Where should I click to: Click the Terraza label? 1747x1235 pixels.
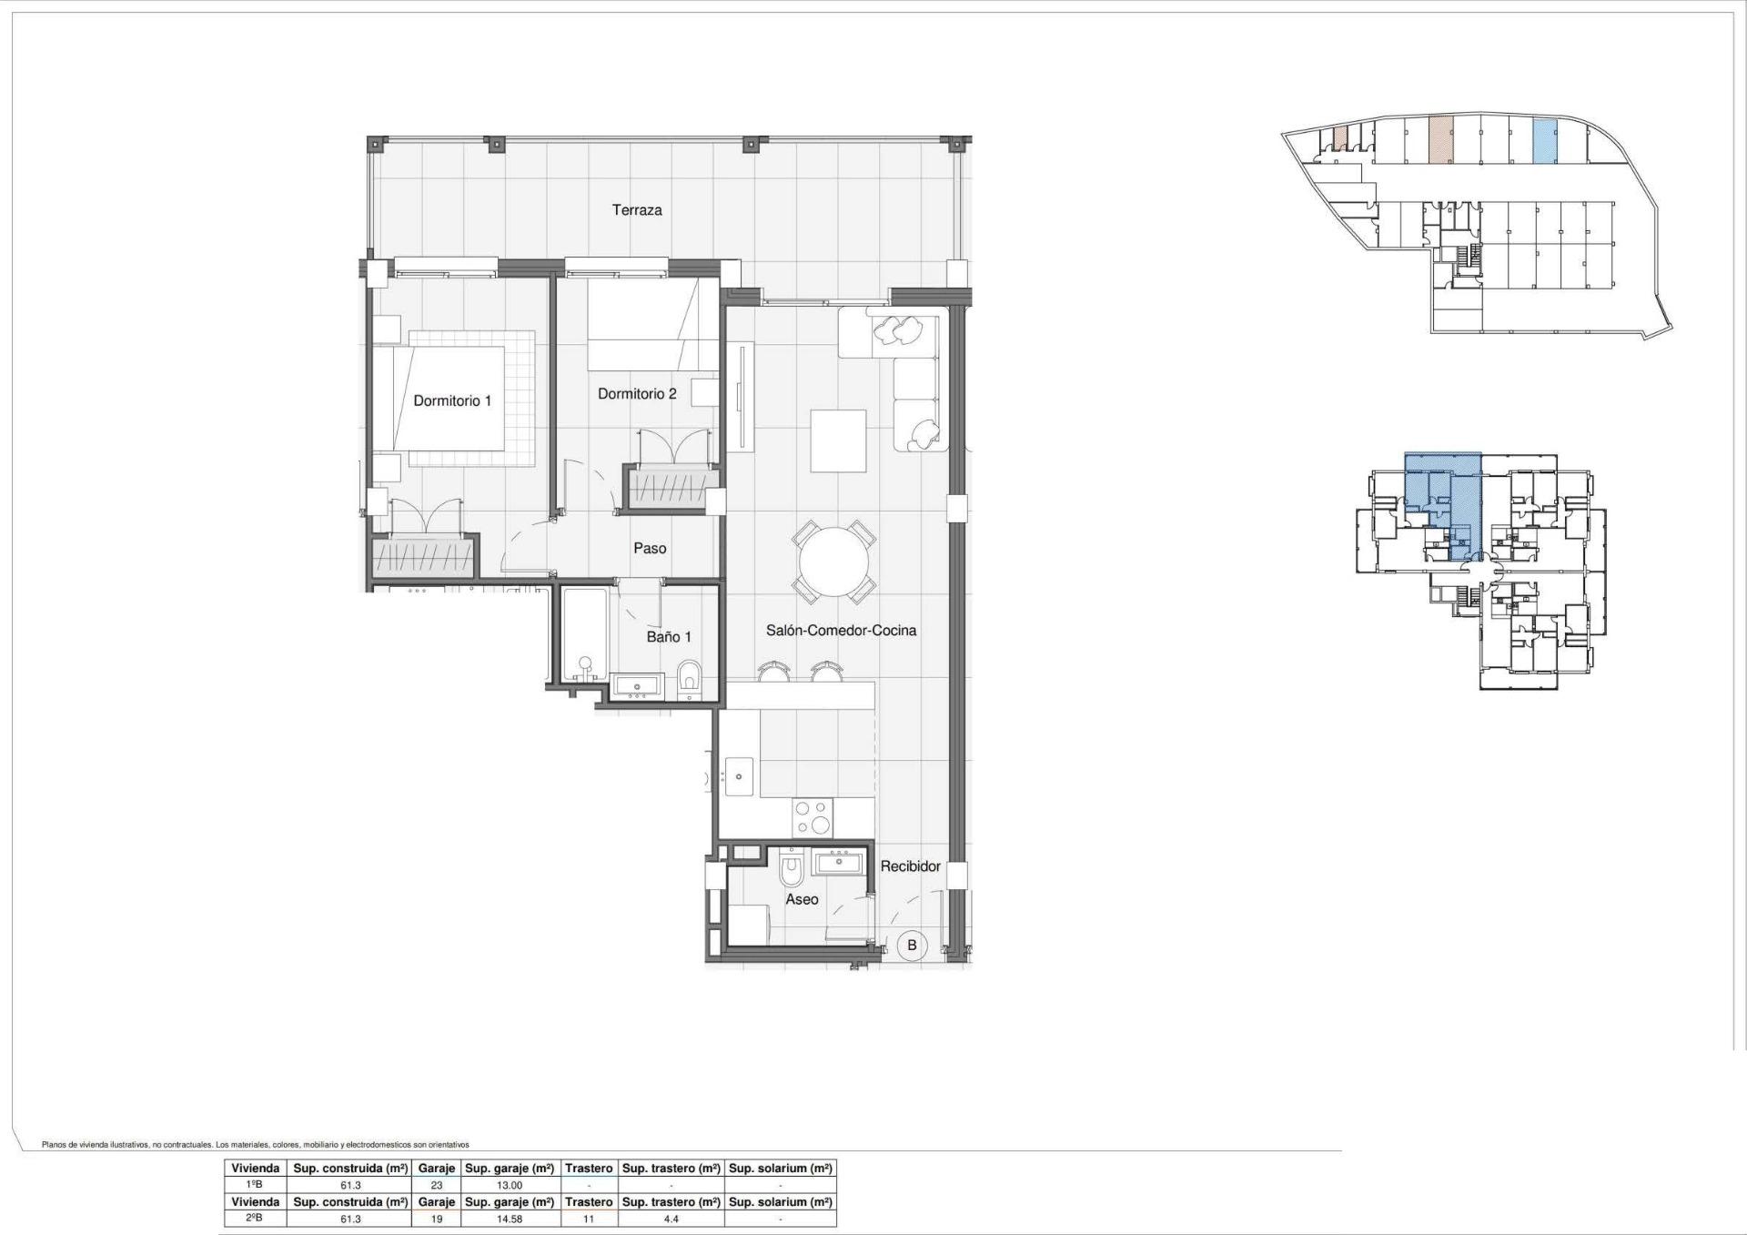pos(637,210)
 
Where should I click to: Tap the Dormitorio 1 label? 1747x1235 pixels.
pos(452,400)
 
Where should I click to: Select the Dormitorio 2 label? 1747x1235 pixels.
pos(637,394)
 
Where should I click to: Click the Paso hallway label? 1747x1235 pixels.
pos(650,548)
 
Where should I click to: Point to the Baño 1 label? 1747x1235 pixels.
pos(669,637)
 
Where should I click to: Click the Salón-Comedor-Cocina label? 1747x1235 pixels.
pos(841,630)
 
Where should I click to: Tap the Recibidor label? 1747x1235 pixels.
pos(910,866)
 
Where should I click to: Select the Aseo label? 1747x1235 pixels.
pos(802,899)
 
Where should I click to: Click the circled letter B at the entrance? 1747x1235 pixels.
pos(912,945)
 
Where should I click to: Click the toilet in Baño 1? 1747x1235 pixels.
pos(690,678)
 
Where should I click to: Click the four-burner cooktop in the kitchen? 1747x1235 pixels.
pos(812,816)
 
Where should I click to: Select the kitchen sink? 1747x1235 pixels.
pos(739,776)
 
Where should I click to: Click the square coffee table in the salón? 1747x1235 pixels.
pos(838,440)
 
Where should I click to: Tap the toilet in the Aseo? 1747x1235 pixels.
pos(792,871)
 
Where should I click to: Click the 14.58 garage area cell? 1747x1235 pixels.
pos(510,1219)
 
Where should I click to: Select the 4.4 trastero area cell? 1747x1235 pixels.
pos(671,1219)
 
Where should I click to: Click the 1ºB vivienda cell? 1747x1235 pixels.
pos(255,1185)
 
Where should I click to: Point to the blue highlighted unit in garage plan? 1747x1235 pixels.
pos(1544,142)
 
